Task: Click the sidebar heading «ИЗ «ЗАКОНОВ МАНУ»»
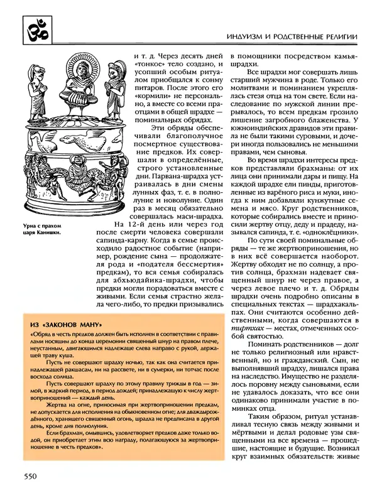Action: coord(63,324)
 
